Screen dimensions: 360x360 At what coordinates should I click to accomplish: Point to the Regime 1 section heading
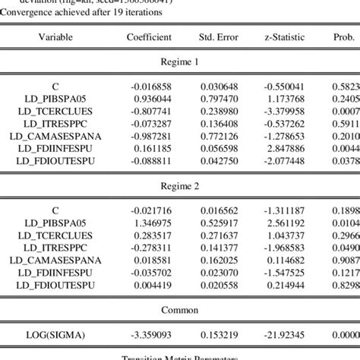coord(180,65)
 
